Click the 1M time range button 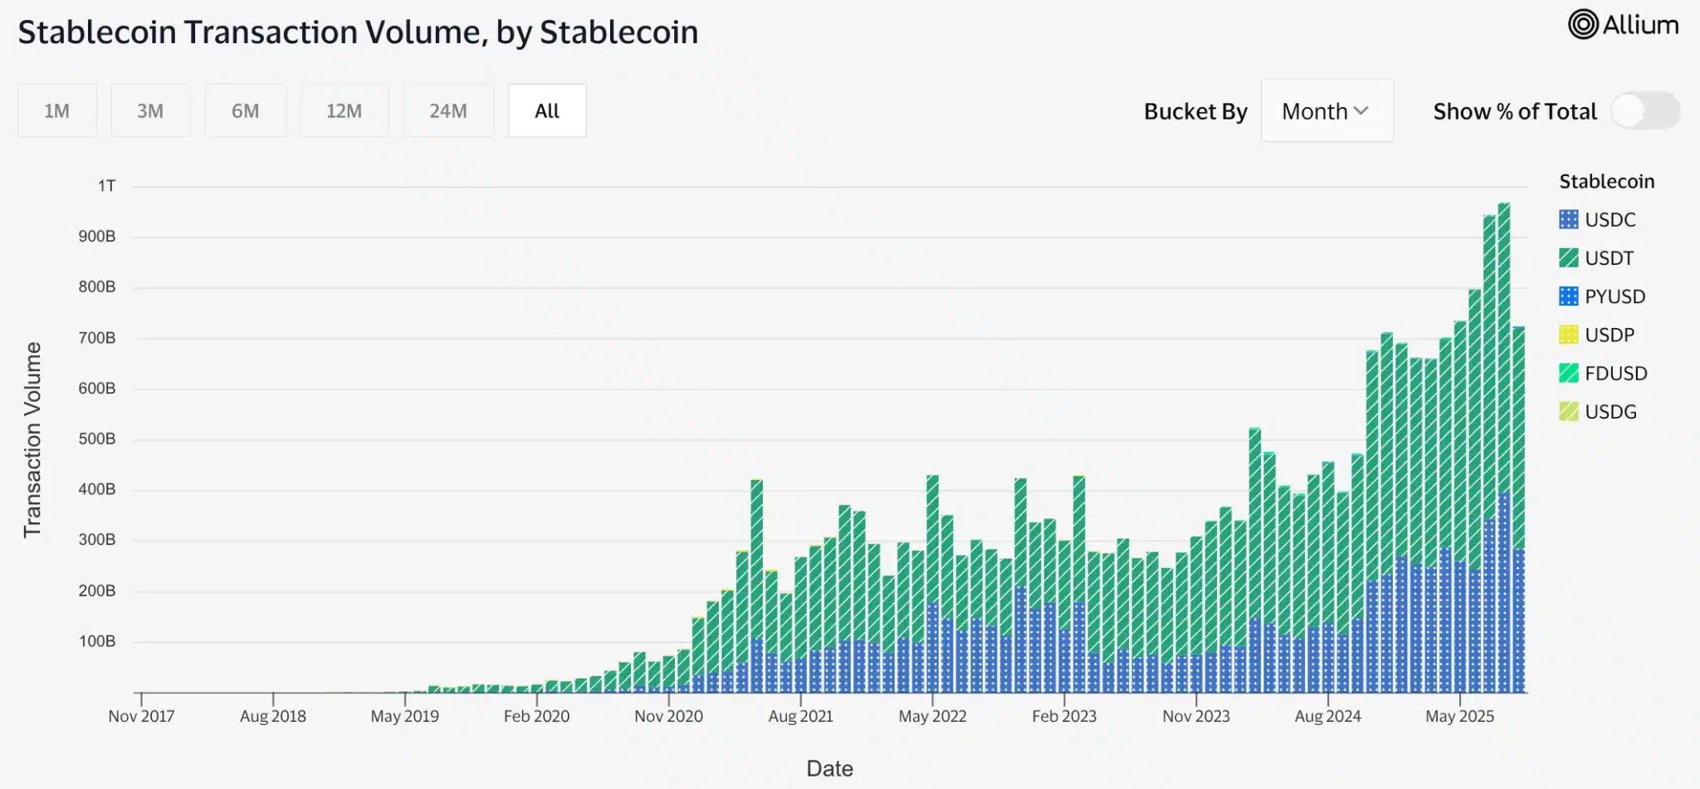coord(56,110)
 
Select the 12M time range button coord(344,110)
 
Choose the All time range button coord(547,110)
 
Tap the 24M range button coord(447,110)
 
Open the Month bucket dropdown coord(1326,111)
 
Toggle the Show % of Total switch coord(1644,111)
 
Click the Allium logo coord(1623,25)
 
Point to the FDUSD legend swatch coord(1568,374)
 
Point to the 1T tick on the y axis coord(106,186)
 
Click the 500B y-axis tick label coord(97,439)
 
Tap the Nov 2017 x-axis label coord(141,716)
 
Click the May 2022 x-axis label coord(932,716)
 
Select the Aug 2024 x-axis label coord(1327,716)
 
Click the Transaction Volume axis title coord(32,439)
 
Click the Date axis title coord(829,768)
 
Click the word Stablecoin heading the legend coord(1606,181)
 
